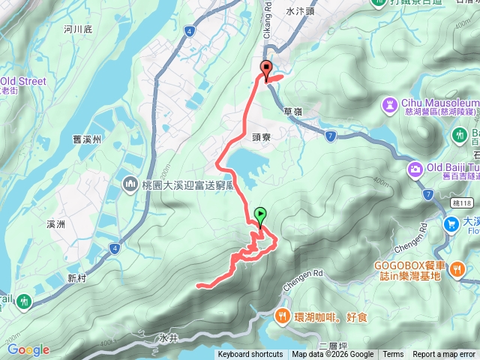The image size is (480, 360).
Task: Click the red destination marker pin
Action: (265, 70)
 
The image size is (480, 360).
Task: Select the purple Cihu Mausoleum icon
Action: (389, 103)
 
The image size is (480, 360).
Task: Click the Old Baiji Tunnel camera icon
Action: (415, 170)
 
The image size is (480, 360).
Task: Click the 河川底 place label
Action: (78, 30)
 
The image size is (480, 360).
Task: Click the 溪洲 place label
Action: (57, 224)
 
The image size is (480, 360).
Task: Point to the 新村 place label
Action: (77, 277)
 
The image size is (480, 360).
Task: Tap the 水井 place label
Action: (167, 338)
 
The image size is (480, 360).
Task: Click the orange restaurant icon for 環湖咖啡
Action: (283, 316)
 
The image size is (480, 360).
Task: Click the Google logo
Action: (28, 349)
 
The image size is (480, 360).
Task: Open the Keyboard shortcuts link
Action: (250, 355)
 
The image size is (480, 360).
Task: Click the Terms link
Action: (393, 355)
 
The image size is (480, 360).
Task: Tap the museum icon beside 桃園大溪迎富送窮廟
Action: (130, 184)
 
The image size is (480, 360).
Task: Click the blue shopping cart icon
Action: (451, 223)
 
